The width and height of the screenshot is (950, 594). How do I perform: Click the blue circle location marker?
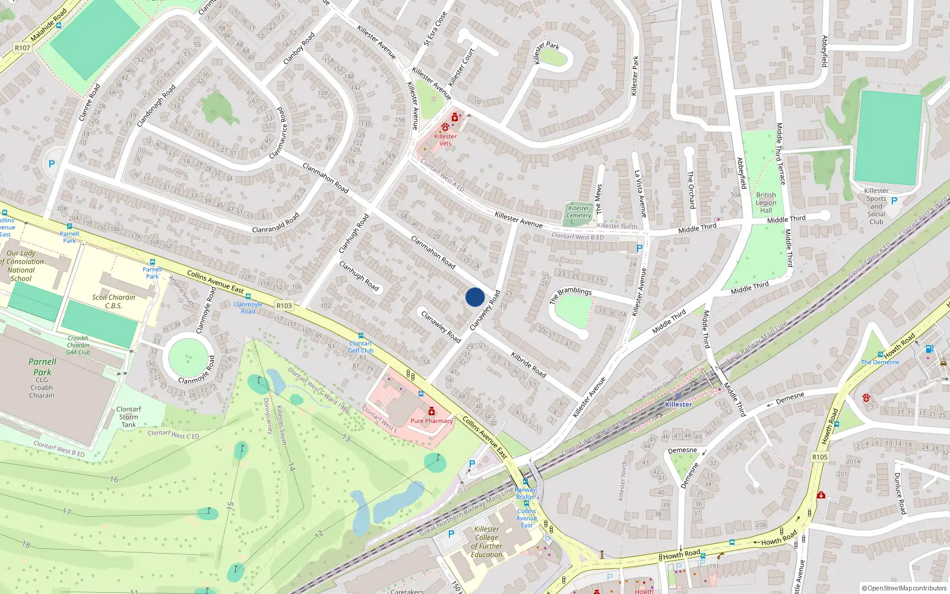tap(475, 297)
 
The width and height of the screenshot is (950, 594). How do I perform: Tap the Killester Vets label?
tap(445, 140)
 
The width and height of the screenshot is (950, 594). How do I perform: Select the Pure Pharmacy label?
tap(432, 421)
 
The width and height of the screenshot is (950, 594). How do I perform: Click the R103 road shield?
tap(284, 306)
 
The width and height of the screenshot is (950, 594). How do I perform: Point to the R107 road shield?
tap(23, 48)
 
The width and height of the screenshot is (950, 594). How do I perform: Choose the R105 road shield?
tap(819, 457)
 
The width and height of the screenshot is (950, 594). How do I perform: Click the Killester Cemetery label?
tap(578, 212)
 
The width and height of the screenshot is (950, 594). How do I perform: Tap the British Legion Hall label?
tap(766, 203)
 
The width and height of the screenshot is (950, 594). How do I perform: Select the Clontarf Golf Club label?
tap(360, 347)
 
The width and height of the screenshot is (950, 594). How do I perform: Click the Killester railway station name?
tap(678, 405)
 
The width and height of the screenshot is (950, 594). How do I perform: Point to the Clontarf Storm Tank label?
tap(129, 417)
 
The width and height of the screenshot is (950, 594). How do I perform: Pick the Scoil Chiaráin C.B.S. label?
tap(113, 302)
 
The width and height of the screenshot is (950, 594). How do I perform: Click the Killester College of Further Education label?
tap(487, 542)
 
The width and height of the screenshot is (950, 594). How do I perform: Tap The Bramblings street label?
tap(571, 294)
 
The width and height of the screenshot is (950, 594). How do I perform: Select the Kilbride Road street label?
tap(528, 364)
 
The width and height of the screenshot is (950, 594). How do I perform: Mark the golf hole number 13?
tap(346, 438)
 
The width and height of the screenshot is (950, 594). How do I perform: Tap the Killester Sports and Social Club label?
tap(876, 206)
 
